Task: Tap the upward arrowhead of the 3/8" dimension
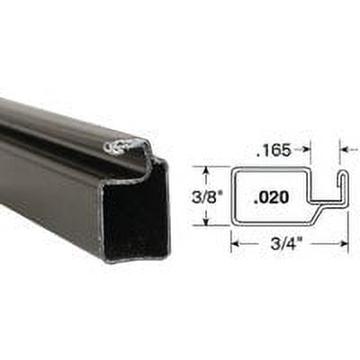(207, 170)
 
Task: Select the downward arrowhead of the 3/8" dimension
(207, 221)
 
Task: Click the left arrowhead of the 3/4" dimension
(235, 241)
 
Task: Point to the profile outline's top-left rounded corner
(235, 169)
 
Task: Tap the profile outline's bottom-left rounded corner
(235, 222)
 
